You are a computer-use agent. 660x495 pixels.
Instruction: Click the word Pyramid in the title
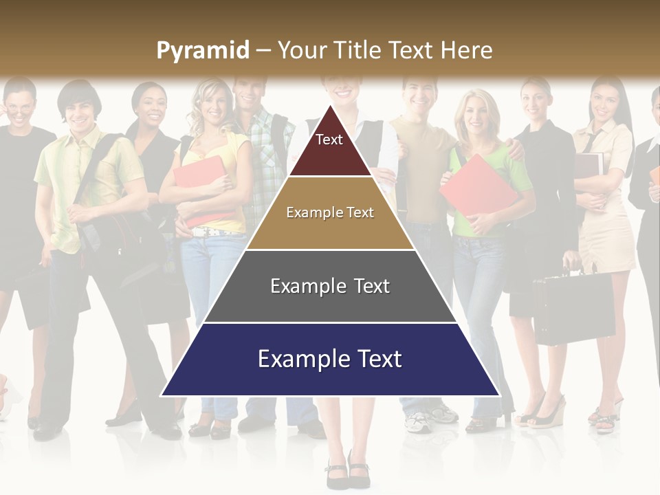coord(203,50)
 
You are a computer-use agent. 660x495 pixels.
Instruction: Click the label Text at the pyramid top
coord(329,140)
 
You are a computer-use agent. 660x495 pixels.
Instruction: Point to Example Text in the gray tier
coord(330,286)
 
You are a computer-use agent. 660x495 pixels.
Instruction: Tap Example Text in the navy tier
coord(330,359)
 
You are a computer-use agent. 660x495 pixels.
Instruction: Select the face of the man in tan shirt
coord(419,96)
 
